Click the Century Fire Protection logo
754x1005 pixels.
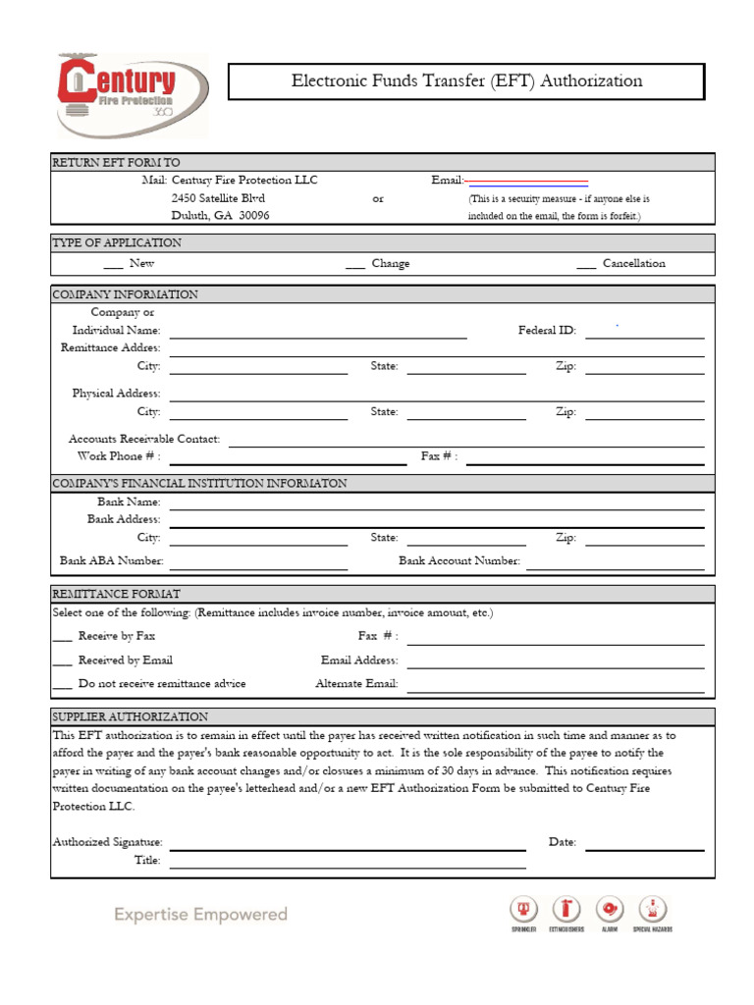click(x=130, y=95)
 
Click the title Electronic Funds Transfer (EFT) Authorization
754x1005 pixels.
click(x=466, y=81)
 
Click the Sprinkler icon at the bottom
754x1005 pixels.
click(x=523, y=910)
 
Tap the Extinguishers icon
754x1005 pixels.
click(x=566, y=910)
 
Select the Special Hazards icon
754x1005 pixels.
click(x=653, y=910)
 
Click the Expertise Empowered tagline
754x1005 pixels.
click(x=200, y=915)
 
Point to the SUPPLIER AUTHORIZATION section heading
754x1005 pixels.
click(x=130, y=717)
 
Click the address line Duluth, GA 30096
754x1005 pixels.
click(x=221, y=216)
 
